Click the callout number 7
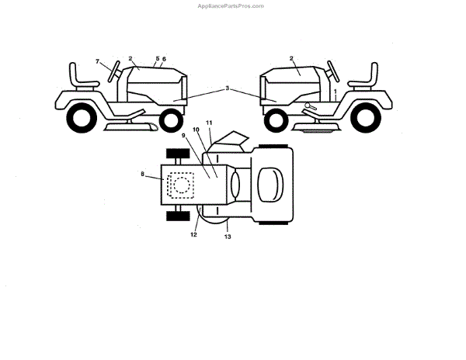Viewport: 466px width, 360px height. pyautogui.click(x=98, y=61)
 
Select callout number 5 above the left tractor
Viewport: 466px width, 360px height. pyautogui.click(x=157, y=58)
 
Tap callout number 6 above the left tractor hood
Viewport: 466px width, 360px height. pyautogui.click(x=164, y=59)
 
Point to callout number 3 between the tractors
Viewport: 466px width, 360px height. pyautogui.click(x=228, y=89)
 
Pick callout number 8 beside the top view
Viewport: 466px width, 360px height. pyautogui.click(x=143, y=175)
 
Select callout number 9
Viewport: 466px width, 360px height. pyautogui.click(x=184, y=136)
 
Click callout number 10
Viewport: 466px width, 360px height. pyautogui.click(x=196, y=130)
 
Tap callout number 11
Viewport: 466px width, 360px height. pyautogui.click(x=208, y=123)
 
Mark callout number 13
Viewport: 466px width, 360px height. pyautogui.click(x=228, y=237)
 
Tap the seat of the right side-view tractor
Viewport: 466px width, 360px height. pyautogui.click(x=363, y=78)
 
